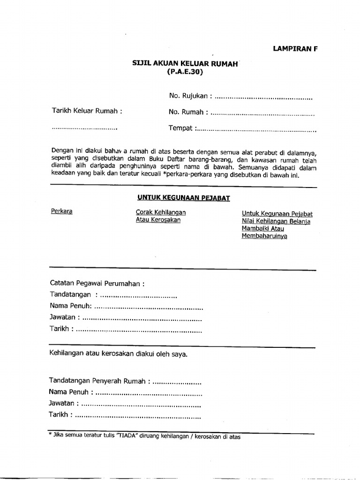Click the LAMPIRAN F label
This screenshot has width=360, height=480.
[x=295, y=48]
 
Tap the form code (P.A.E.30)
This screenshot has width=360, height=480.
[x=186, y=72]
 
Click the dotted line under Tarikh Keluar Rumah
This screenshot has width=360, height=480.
[x=84, y=128]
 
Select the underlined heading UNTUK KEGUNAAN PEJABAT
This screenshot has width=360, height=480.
[x=183, y=198]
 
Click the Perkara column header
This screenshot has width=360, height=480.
[x=61, y=211]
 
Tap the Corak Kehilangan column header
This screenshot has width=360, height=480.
[x=160, y=212]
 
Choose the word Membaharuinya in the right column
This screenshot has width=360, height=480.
[x=264, y=236]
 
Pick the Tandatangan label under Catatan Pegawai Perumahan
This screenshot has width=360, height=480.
[x=70, y=295]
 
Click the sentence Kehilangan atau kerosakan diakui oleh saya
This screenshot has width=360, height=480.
[x=118, y=354]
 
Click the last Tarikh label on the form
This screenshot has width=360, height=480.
[x=60, y=415]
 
